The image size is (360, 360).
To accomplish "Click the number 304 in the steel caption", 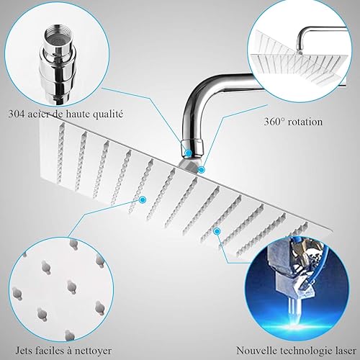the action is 17,114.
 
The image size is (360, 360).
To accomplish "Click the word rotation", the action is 305,122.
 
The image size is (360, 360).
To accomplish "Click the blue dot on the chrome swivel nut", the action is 189,152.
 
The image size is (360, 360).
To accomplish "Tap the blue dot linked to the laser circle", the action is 217,231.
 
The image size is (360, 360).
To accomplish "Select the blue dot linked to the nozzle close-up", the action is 143,199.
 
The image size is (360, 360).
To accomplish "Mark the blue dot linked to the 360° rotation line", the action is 201,170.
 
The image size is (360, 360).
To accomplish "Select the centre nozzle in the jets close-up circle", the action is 71,287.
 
